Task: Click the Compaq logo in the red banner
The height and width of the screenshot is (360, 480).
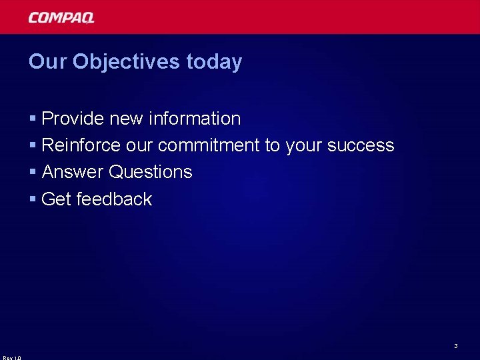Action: (x=61, y=18)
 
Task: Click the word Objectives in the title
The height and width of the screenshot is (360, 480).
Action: (x=126, y=62)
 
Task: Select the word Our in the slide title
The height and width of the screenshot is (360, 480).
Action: (x=48, y=62)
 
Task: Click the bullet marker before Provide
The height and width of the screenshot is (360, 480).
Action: (x=33, y=119)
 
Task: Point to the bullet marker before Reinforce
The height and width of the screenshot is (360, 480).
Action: (x=33, y=146)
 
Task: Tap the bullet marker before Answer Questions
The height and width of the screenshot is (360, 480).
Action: (x=33, y=173)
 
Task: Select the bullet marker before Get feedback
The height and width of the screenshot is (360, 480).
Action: (x=33, y=199)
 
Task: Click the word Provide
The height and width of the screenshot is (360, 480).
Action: (x=73, y=119)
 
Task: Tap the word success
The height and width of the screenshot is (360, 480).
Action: (x=361, y=145)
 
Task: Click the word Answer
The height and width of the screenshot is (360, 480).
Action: (x=73, y=172)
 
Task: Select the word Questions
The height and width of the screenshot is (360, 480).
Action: (x=151, y=172)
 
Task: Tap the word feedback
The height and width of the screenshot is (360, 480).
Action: (x=114, y=199)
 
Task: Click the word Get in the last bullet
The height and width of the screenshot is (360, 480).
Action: (x=57, y=199)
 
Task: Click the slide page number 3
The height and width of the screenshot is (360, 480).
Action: (x=455, y=346)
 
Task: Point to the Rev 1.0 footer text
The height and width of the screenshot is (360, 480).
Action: (x=11, y=357)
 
